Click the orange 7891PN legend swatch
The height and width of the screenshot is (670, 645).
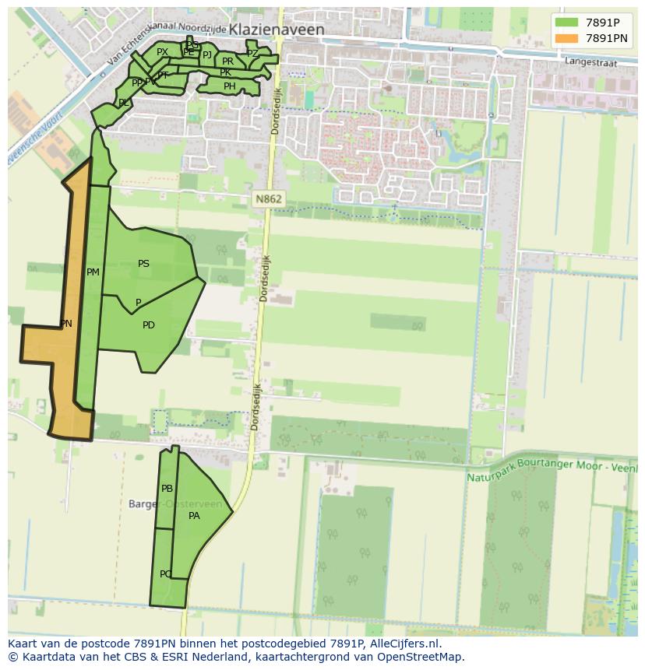click(566, 38)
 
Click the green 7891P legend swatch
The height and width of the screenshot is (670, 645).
click(566, 23)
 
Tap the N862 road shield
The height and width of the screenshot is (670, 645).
click(269, 199)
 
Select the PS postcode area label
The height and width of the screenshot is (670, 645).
click(143, 264)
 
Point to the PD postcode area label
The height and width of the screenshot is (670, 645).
click(149, 325)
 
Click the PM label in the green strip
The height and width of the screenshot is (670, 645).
click(93, 272)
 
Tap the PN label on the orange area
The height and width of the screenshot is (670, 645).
click(66, 323)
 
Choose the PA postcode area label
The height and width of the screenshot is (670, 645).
click(194, 515)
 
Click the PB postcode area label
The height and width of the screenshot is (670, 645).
click(167, 489)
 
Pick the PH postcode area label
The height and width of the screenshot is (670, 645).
click(229, 86)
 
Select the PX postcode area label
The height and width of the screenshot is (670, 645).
click(162, 52)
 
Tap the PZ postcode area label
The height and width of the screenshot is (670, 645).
click(252, 54)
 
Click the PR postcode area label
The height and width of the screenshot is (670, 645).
click(227, 61)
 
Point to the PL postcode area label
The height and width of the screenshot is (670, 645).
click(124, 103)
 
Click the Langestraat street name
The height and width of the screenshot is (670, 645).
click(590, 60)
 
